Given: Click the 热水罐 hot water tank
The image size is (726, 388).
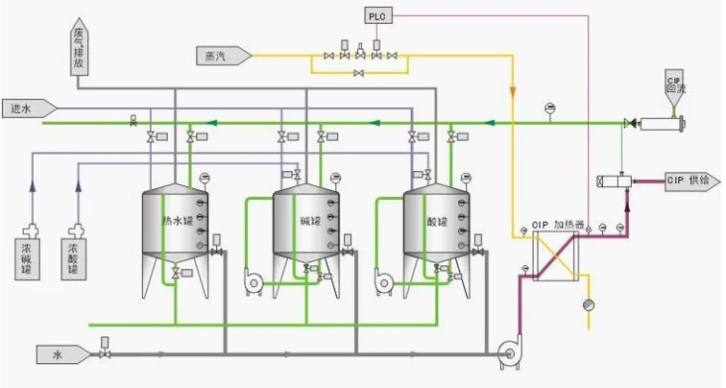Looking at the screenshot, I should (175, 227).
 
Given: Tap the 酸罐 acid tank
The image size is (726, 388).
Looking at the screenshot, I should (438, 227).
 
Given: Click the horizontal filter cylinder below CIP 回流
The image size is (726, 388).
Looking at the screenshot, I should (661, 123).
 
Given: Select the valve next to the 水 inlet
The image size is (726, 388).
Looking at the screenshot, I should (103, 354).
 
